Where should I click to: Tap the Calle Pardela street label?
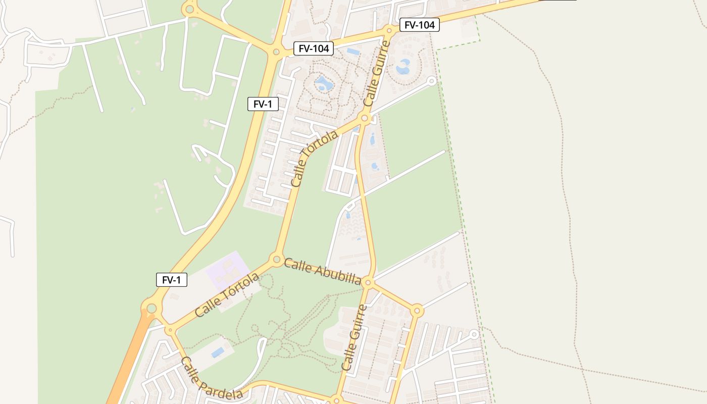(212, 379)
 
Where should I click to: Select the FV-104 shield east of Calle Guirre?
(419, 24)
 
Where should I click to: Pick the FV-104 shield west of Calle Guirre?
(314, 48)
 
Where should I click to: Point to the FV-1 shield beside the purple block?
(172, 280)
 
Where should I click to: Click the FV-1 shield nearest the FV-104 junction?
(263, 104)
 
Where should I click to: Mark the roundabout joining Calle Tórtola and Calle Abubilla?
(276, 260)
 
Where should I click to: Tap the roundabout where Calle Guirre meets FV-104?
(389, 31)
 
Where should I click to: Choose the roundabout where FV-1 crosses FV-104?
(276, 51)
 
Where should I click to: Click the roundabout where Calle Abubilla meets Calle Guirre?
(368, 282)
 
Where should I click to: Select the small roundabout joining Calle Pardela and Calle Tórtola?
(170, 330)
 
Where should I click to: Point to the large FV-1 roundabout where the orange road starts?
(151, 308)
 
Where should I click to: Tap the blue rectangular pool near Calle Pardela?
(218, 352)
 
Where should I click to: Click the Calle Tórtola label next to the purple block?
(227, 295)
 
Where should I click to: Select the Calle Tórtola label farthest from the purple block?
(314, 159)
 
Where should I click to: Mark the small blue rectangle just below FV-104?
(353, 52)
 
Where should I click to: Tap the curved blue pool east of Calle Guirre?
(404, 67)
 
